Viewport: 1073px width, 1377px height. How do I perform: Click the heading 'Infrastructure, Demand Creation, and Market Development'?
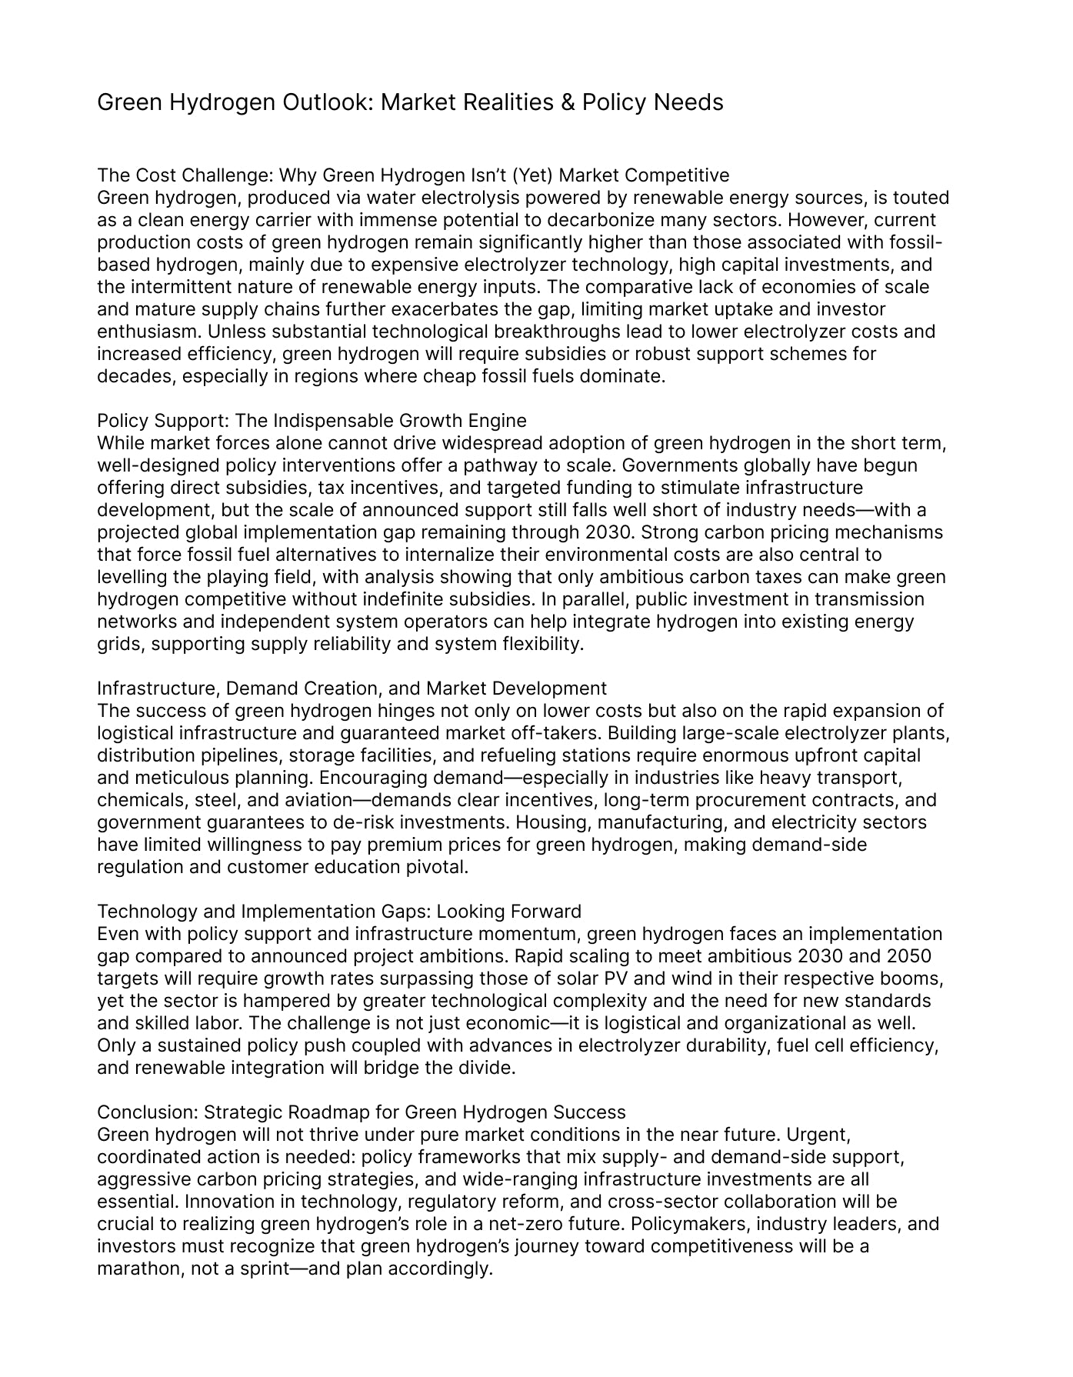[352, 688]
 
